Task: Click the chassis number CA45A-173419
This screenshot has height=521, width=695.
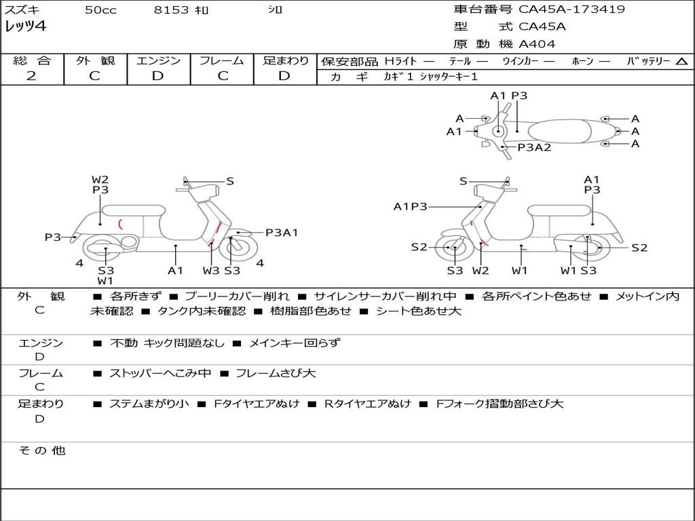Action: click(571, 9)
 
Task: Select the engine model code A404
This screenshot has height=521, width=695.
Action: click(537, 44)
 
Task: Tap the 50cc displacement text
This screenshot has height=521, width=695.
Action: click(100, 9)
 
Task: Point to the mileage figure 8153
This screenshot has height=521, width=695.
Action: click(171, 9)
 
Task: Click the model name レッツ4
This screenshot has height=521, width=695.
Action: click(25, 26)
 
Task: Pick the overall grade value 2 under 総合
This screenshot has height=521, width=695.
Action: click(31, 75)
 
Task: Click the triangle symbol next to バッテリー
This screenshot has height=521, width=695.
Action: click(682, 61)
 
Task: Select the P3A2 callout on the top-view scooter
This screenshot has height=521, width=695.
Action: click(534, 147)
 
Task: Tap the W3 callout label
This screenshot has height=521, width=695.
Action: click(211, 270)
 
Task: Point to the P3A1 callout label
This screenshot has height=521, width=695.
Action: click(282, 232)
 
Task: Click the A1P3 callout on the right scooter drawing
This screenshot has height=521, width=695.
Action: click(410, 206)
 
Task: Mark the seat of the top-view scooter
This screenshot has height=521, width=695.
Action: click(559, 132)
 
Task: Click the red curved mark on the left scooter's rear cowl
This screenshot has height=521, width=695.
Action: click(120, 224)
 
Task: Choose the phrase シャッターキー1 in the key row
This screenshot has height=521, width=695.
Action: click(449, 77)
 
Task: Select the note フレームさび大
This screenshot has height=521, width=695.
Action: click(276, 373)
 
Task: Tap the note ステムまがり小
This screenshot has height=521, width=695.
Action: click(149, 404)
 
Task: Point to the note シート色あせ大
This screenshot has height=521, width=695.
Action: click(418, 311)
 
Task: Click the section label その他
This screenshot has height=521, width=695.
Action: click(42, 450)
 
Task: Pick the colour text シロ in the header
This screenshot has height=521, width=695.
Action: click(275, 9)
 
